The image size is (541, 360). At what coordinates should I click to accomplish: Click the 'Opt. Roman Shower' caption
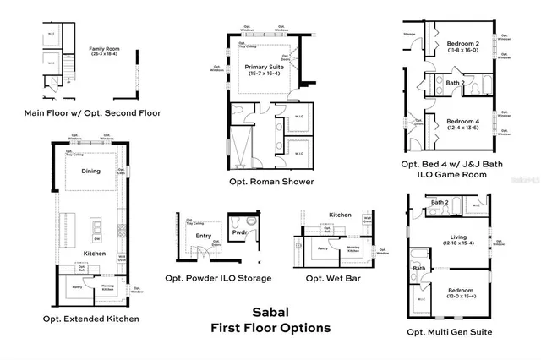[x=270, y=181]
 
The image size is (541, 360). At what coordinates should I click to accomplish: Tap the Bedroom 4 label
[x=462, y=121]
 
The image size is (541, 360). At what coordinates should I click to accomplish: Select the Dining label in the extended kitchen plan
[x=90, y=171]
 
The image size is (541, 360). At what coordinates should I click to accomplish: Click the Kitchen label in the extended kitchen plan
[x=94, y=253]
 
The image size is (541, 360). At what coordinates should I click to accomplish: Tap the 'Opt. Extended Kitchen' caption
[x=90, y=319]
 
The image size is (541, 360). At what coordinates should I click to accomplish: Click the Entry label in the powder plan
[x=203, y=236]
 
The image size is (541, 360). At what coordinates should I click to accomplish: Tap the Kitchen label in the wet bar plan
[x=340, y=215]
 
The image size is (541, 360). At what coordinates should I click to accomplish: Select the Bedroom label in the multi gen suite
[x=461, y=290]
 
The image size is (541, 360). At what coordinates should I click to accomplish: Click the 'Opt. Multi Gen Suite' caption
[x=449, y=332]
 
